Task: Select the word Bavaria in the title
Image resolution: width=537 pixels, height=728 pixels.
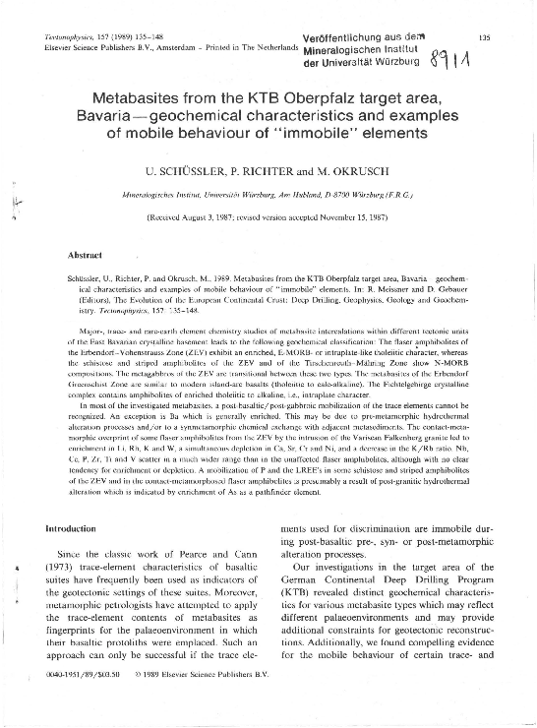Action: coord(124,117)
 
